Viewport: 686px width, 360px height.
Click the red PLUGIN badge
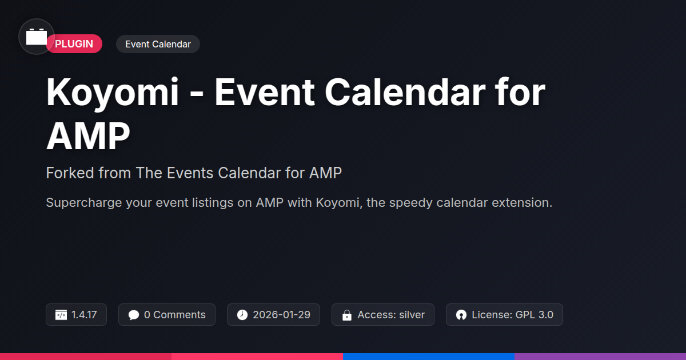point(74,44)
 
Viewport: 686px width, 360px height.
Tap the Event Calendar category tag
point(158,44)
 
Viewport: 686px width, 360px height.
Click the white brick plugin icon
point(37,37)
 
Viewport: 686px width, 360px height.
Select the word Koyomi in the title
point(113,93)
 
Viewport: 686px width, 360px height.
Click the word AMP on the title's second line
point(88,135)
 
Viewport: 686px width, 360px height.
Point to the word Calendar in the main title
point(405,92)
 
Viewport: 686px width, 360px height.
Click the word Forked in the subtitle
point(70,173)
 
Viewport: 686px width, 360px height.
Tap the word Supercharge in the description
point(84,203)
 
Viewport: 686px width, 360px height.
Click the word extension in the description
point(522,202)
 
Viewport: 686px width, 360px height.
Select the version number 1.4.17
point(84,315)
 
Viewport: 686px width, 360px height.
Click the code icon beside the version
point(61,315)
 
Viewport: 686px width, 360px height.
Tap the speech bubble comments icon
point(134,315)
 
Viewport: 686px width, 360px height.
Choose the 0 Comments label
point(174,315)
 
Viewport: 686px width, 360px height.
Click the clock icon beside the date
point(242,315)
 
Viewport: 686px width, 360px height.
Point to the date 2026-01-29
point(281,315)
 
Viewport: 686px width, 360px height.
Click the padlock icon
point(346,315)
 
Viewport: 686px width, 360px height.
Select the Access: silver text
point(391,315)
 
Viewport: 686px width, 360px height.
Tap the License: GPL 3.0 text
point(512,315)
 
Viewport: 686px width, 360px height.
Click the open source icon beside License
point(461,315)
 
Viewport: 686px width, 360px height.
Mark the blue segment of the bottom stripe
point(429,357)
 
